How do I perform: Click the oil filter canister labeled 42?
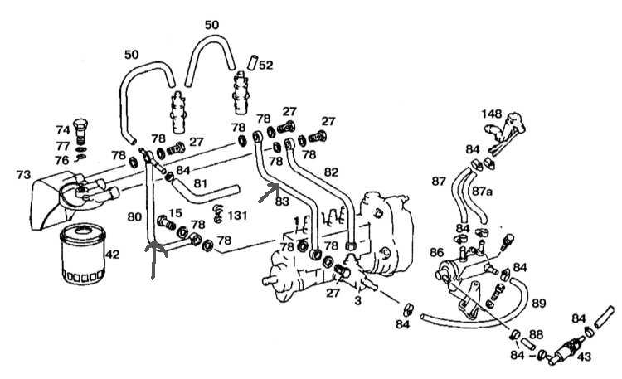point(82,255)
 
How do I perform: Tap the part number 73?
point(24,174)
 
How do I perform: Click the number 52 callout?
point(265,65)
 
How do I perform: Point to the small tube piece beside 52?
point(252,63)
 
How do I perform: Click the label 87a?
point(483,192)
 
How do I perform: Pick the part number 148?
point(492,114)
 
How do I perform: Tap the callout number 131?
point(237,216)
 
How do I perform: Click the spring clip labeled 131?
point(217,213)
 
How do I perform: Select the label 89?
point(539,304)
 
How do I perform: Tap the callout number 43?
point(584,357)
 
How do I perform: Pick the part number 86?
point(436,252)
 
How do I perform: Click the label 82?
point(331,172)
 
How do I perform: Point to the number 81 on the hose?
point(201,184)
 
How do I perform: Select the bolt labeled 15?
point(167,222)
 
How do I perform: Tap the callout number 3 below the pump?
point(357,301)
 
